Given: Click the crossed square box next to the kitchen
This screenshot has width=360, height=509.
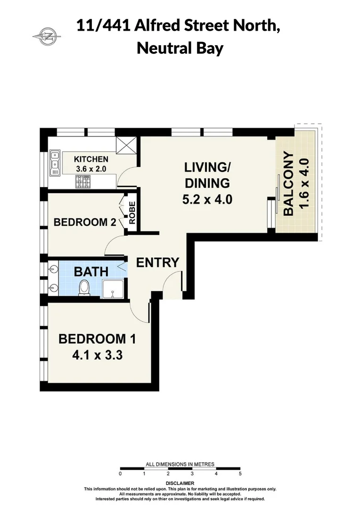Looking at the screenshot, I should pyautogui.click(x=126, y=145).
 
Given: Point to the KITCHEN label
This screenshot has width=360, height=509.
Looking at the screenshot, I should pyautogui.click(x=91, y=159).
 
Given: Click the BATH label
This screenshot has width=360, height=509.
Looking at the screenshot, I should pyautogui.click(x=91, y=272).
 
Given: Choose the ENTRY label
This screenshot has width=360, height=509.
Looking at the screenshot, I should pyautogui.click(x=157, y=263).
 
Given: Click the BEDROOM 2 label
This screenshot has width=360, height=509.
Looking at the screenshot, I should pyautogui.click(x=85, y=222).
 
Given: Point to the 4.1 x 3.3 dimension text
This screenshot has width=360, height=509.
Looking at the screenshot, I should pyautogui.click(x=98, y=355).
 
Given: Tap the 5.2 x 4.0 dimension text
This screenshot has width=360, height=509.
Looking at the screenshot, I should pyautogui.click(x=207, y=199).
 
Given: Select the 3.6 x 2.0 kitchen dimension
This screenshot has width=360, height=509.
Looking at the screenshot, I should pyautogui.click(x=91, y=168).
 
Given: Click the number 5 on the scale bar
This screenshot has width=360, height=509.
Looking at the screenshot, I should pyautogui.click(x=240, y=473).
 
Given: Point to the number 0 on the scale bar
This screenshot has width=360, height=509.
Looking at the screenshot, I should pyautogui.click(x=121, y=473).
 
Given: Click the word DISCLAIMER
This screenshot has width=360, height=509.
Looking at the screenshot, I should pyautogui.click(x=180, y=484).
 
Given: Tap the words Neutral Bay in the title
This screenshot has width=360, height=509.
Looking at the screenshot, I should pyautogui.click(x=180, y=48).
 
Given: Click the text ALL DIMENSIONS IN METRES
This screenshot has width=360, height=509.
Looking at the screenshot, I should pyautogui.click(x=180, y=464).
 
